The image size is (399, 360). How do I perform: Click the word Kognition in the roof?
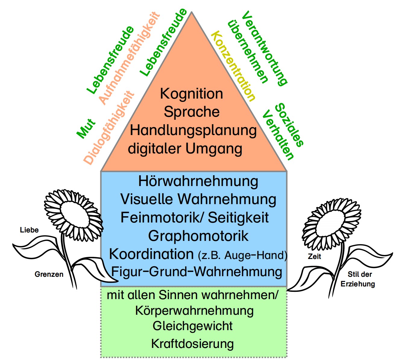191,93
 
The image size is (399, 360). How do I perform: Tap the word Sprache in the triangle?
192,112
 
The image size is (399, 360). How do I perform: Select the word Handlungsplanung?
193,131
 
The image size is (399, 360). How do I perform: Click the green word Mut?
86,128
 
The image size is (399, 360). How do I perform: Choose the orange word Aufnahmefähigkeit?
129,58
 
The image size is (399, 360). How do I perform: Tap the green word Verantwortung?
265,48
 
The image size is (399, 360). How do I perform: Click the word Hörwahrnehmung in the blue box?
198,181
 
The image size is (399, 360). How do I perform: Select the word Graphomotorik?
198,236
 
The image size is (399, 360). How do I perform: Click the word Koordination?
151,254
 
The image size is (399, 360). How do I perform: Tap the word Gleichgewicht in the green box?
193,326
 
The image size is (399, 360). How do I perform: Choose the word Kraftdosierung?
192,344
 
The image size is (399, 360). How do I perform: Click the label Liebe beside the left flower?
29,230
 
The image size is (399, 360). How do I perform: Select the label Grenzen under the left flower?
49,274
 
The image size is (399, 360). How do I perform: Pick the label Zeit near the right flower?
314,257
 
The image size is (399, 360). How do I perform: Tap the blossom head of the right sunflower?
331,223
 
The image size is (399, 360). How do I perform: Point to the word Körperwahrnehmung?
194,311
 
